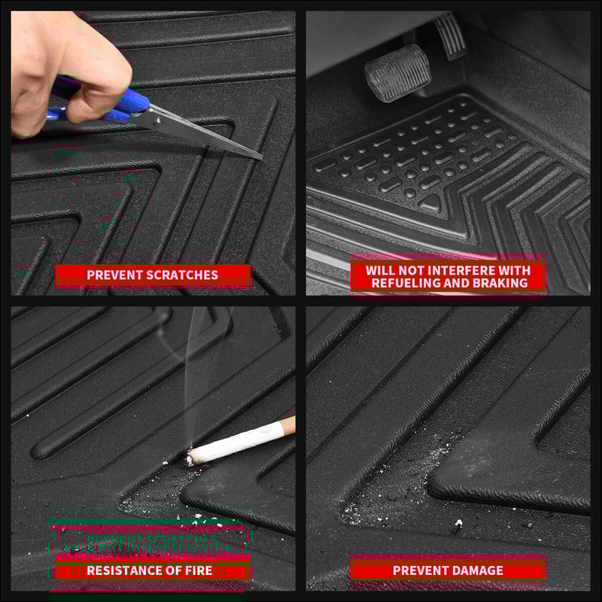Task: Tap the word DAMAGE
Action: click(478, 570)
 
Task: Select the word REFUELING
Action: click(405, 283)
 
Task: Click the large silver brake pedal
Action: click(397, 71)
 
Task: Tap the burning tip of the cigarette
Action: click(190, 456)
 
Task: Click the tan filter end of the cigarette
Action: click(288, 426)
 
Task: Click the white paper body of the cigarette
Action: click(237, 442)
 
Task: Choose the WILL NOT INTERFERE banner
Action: click(448, 276)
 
